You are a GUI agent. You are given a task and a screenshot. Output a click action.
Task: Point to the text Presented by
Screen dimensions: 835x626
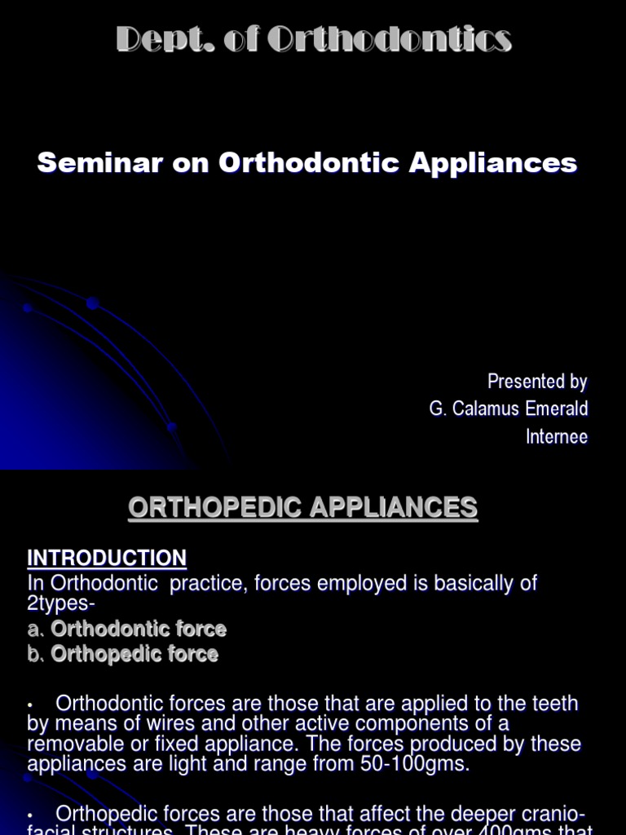(536, 381)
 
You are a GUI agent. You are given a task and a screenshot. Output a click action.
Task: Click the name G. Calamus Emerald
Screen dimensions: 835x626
(508, 409)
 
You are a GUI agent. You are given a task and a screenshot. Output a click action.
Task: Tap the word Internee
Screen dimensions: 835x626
(556, 436)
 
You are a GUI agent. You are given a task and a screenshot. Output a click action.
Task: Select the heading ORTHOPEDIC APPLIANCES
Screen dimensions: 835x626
(302, 508)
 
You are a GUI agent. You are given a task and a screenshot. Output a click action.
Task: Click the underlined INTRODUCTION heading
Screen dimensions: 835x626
(107, 558)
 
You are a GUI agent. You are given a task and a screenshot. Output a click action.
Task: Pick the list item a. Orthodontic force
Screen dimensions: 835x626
(126, 629)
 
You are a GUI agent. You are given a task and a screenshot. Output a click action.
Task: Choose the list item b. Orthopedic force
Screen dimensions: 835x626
(122, 654)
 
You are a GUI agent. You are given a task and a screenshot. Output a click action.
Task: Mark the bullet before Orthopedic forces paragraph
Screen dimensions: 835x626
(30, 815)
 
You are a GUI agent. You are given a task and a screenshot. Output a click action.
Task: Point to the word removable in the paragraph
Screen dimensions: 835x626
(69, 744)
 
